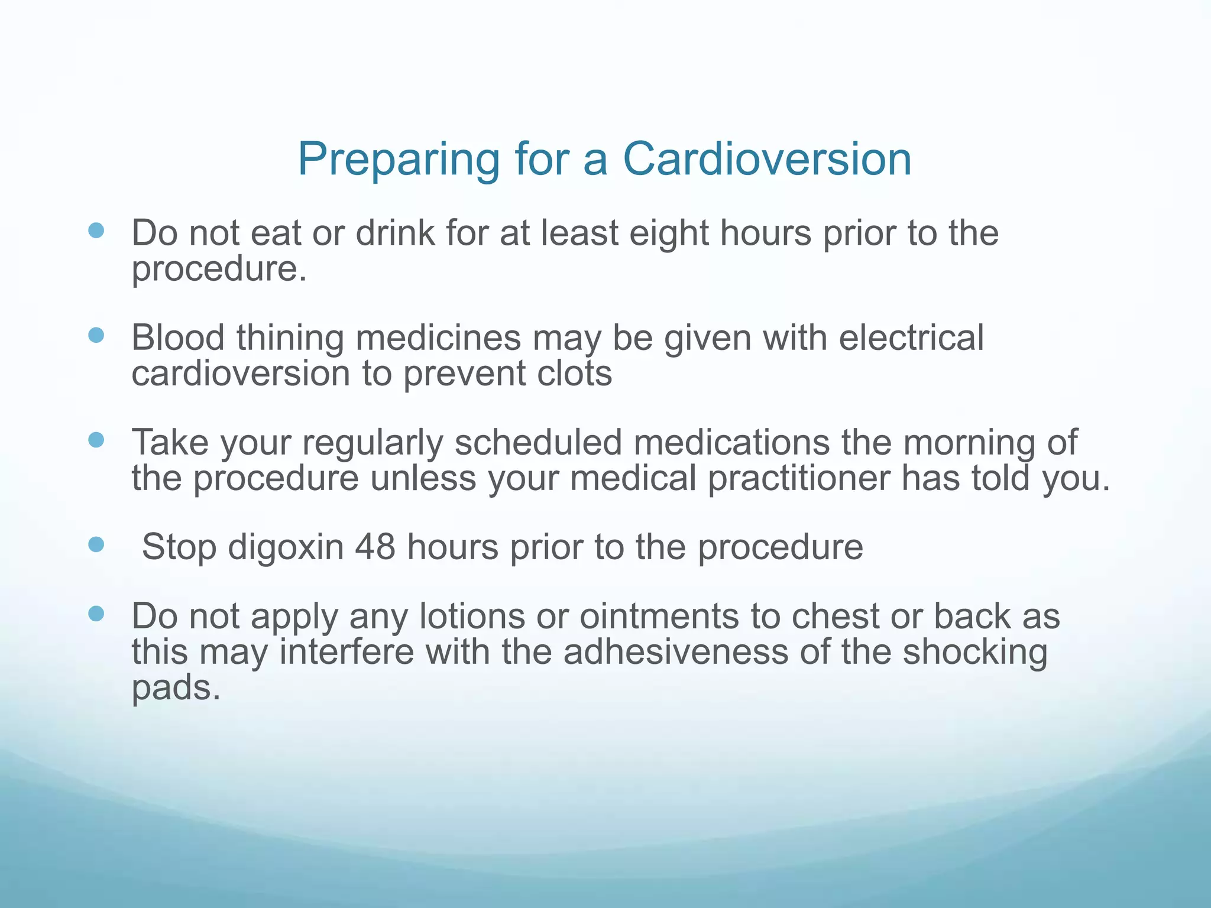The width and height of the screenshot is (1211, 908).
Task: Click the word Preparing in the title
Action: (398, 160)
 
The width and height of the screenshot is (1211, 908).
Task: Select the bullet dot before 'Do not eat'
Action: (96, 230)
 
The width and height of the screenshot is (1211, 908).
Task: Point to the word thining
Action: (290, 338)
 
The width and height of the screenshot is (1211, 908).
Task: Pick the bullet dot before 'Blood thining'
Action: (96, 335)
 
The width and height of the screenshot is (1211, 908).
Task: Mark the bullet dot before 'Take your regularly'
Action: (96, 440)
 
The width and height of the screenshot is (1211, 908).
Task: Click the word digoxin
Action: (286, 547)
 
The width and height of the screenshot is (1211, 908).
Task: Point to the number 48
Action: (375, 546)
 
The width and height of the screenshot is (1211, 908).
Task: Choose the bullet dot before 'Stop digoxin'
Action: (96, 544)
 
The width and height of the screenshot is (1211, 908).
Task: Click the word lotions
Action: (472, 616)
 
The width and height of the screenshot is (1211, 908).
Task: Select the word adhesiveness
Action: (676, 651)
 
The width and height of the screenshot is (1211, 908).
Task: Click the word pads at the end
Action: (176, 688)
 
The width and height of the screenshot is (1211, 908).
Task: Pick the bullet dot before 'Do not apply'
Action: (96, 614)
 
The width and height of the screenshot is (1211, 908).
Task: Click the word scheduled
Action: (538, 443)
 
